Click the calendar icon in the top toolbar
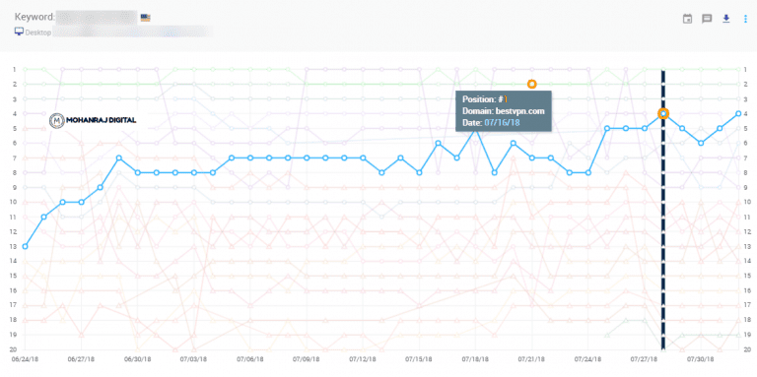(x=687, y=18)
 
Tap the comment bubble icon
(x=707, y=18)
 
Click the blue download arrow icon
(x=726, y=18)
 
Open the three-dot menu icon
(x=744, y=18)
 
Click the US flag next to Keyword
(x=146, y=18)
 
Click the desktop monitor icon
(x=19, y=31)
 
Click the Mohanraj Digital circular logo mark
(x=57, y=120)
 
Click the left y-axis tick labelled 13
(x=15, y=246)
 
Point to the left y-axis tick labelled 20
(x=15, y=349)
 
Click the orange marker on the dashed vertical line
(x=663, y=113)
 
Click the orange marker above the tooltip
(x=531, y=84)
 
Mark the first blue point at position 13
(x=25, y=246)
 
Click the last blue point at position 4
(x=738, y=113)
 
